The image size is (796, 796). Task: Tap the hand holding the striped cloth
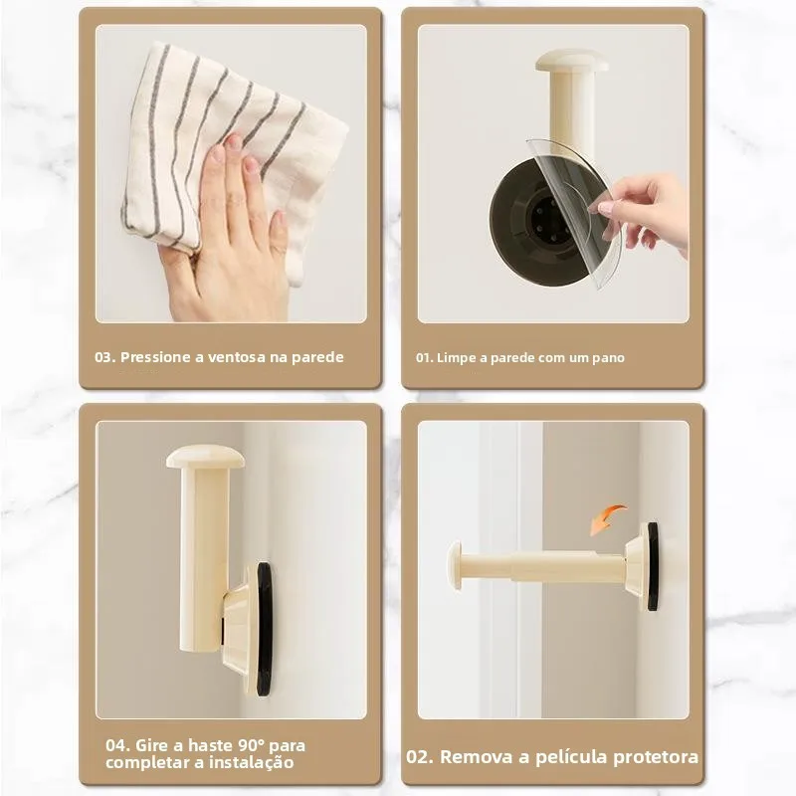[x=224, y=249]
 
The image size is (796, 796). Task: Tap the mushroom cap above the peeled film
[x=571, y=61]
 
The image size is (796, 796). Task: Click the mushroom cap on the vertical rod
[x=206, y=457]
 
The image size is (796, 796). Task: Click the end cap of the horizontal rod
[x=455, y=565]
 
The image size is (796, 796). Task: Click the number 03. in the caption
[x=104, y=357]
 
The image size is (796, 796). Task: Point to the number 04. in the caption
[x=117, y=745]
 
